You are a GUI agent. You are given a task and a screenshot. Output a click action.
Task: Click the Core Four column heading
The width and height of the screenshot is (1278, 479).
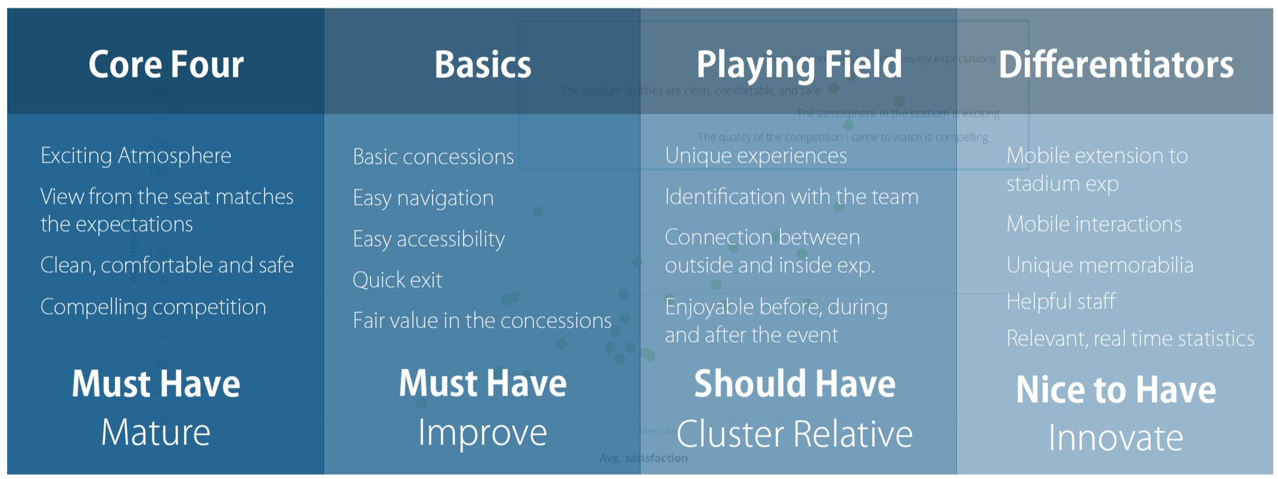pos(166,64)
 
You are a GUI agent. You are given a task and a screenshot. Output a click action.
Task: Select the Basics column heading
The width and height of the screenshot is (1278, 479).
pos(483,64)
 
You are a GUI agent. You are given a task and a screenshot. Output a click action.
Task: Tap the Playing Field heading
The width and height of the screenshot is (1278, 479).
pos(800,64)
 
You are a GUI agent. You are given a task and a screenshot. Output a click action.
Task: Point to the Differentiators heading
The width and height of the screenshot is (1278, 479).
pos(1116,64)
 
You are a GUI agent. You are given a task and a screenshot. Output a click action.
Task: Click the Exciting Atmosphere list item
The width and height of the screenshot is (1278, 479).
pos(136,155)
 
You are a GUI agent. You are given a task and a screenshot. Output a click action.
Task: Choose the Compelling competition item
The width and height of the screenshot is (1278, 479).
pos(153,307)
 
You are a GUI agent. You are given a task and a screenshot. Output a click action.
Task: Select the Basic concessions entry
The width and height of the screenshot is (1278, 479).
pos(433,157)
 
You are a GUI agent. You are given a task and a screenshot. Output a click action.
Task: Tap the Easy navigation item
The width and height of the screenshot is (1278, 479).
pos(423,198)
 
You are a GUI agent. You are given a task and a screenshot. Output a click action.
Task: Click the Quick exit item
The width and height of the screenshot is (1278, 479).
pos(397,280)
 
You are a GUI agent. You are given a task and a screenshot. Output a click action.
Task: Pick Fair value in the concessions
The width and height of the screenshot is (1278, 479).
pos(482,321)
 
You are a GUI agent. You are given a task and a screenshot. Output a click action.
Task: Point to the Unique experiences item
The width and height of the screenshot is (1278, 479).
pos(755,155)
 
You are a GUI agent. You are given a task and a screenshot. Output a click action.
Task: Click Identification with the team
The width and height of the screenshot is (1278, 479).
pos(791,197)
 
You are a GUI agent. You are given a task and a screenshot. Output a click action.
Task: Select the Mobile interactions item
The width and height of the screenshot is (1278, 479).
pos(1094,224)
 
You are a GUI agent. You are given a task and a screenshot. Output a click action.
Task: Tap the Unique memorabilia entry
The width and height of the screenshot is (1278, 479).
pos(1100,265)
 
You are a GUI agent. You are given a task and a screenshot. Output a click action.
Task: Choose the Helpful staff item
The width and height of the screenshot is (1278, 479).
pos(1061,301)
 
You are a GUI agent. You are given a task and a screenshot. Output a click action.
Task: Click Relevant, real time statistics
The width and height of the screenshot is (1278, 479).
pos(1130,338)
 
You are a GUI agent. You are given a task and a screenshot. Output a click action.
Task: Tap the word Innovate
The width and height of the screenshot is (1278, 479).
pos(1116,438)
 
